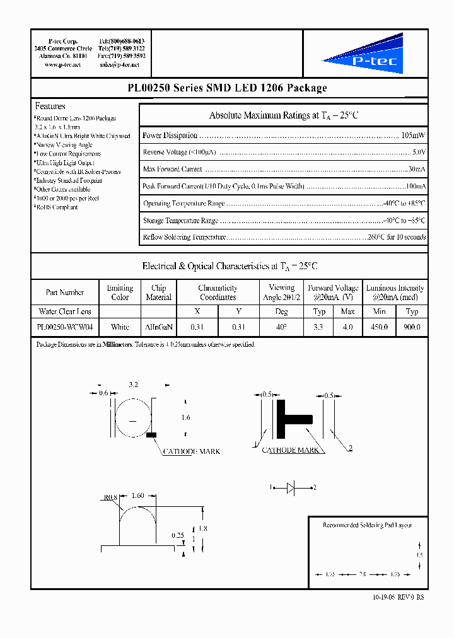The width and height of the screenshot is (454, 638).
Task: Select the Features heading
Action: (50, 107)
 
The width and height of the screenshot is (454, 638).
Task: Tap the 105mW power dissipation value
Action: (413, 136)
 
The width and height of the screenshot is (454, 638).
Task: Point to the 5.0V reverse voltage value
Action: (419, 153)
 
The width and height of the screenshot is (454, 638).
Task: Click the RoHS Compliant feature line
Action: (57, 207)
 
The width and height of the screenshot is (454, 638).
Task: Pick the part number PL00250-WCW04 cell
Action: (65, 327)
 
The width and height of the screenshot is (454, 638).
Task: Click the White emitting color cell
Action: (120, 327)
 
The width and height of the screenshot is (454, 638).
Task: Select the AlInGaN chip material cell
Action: (158, 327)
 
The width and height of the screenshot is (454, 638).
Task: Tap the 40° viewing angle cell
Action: (281, 327)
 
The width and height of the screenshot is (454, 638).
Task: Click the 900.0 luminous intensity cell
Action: (412, 327)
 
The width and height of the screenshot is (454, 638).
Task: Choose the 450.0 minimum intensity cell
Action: (379, 327)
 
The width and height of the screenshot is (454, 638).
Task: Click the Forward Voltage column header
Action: (333, 293)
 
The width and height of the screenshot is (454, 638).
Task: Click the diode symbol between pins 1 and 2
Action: (292, 487)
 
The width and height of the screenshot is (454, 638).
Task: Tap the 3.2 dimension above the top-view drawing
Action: (133, 384)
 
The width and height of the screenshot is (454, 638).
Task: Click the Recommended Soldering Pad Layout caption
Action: (367, 525)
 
